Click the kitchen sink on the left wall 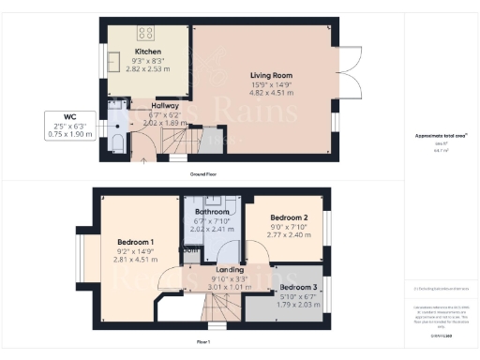coord(112,62)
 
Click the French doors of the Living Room coord(349,73)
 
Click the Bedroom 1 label coord(136,242)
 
